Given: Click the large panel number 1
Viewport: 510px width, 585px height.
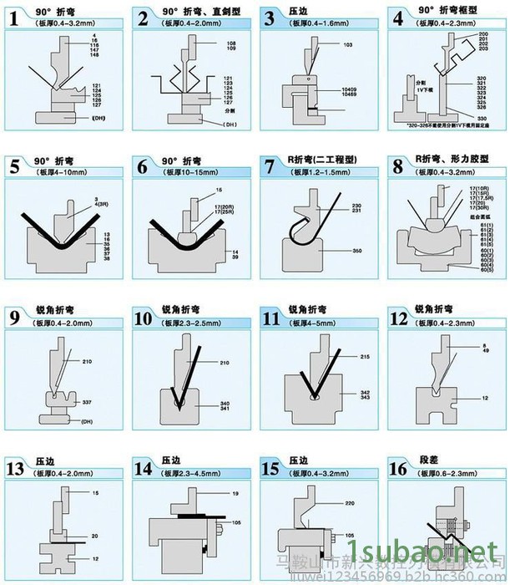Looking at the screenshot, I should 14,18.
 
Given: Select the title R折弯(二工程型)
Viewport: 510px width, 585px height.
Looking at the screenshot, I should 320,160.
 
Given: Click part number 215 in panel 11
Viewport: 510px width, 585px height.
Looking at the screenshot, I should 364,357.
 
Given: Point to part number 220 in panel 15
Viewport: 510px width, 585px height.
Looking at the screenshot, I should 350,503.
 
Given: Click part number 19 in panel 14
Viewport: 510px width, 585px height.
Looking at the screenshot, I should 235,494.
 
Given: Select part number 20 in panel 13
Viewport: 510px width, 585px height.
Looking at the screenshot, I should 94,536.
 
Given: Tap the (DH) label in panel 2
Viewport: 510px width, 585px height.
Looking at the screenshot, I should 230,125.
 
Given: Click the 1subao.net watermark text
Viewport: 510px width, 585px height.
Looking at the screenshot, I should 442,552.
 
